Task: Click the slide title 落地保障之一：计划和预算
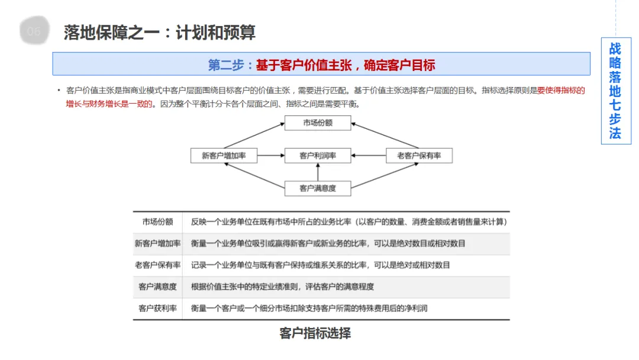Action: click(x=160, y=32)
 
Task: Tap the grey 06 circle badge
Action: click(x=34, y=32)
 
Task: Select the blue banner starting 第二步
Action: click(x=321, y=64)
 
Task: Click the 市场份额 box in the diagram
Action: click(x=318, y=123)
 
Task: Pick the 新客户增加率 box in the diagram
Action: click(x=224, y=156)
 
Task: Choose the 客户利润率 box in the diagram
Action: click(x=318, y=156)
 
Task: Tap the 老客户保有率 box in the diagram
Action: click(x=419, y=156)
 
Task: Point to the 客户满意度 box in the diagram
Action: click(x=318, y=188)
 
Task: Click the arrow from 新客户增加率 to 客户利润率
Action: click(x=271, y=156)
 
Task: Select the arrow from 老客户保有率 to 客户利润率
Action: click(x=368, y=156)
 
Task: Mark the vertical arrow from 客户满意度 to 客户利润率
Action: click(x=318, y=172)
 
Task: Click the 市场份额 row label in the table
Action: click(x=157, y=222)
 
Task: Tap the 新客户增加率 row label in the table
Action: click(x=157, y=243)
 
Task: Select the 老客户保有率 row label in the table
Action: click(x=157, y=265)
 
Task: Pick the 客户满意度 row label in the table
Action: click(x=157, y=287)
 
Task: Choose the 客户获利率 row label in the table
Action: click(x=157, y=308)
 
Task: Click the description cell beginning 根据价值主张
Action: click(x=282, y=287)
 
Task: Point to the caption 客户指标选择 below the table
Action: click(x=315, y=333)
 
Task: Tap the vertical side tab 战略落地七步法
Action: click(x=615, y=91)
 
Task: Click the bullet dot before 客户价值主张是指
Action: click(x=59, y=90)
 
